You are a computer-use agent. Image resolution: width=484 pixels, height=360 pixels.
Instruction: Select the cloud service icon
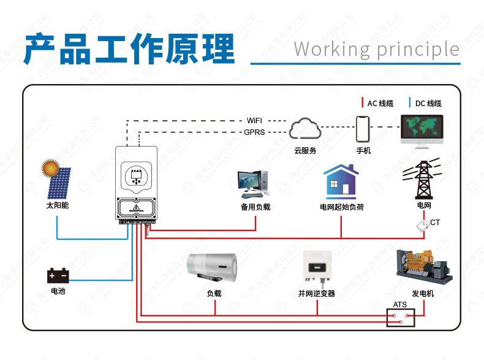point(304,129)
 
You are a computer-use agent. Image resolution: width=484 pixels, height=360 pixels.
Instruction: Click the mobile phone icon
point(363,129)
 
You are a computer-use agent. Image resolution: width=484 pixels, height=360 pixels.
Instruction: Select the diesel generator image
point(423,266)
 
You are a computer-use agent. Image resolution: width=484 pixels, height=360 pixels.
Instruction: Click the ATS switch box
point(400,318)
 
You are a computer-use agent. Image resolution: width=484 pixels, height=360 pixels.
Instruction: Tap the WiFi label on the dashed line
point(254,120)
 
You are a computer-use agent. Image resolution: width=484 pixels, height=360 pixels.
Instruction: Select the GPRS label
point(254,132)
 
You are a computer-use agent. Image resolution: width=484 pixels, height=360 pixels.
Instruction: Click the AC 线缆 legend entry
point(379,103)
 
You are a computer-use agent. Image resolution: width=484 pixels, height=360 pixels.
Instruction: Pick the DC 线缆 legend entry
point(427,103)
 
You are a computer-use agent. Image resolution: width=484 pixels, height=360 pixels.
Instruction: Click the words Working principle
point(376,49)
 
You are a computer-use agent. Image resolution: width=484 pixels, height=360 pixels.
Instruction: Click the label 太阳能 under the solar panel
point(58,205)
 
